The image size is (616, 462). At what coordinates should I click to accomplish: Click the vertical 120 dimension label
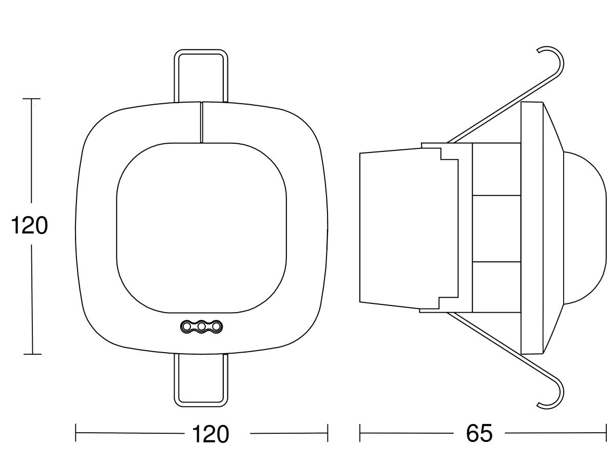coord(29,225)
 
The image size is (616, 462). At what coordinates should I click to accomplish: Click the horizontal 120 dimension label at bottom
coord(210,434)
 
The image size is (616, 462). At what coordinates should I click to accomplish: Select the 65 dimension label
coord(479,433)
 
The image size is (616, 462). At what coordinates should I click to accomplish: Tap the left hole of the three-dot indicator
coord(186,326)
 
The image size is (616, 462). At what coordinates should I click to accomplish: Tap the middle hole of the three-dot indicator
coord(201,326)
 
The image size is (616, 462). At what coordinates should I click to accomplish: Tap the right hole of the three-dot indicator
coord(216,326)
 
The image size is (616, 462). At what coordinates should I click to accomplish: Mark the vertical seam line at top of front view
coord(202,123)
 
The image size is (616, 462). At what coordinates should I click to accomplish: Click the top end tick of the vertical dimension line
coord(31,99)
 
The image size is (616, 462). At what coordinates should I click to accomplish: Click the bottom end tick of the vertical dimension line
coord(32,354)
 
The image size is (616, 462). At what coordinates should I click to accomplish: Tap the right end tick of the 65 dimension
coord(606,433)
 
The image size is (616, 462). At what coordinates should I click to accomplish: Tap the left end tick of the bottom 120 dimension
coord(76,433)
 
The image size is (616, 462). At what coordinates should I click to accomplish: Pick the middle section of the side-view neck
coord(496,228)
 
